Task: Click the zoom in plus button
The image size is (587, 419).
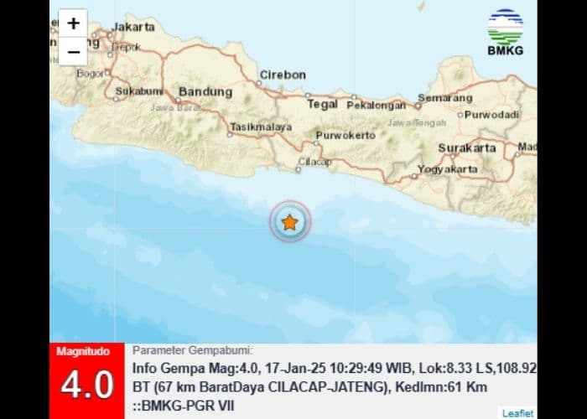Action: point(74,23)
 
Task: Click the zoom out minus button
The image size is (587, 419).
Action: point(74,51)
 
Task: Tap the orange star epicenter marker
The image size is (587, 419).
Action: point(289,222)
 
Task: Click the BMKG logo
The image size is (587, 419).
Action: point(505,32)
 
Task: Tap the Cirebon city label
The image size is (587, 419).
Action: point(283,75)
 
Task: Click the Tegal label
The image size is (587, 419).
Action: point(322,104)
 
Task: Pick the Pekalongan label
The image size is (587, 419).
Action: point(377,106)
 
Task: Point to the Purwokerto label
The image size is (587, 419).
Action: point(345,135)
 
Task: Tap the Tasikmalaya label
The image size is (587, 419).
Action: point(261,127)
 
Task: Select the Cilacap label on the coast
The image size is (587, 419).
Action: point(315,162)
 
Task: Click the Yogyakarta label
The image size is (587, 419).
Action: point(448,168)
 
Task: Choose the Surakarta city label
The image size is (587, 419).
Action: point(467,148)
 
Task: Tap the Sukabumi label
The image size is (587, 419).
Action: point(138,90)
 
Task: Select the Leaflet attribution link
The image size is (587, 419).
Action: point(517,412)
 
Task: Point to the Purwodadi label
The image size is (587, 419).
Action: point(492,114)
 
